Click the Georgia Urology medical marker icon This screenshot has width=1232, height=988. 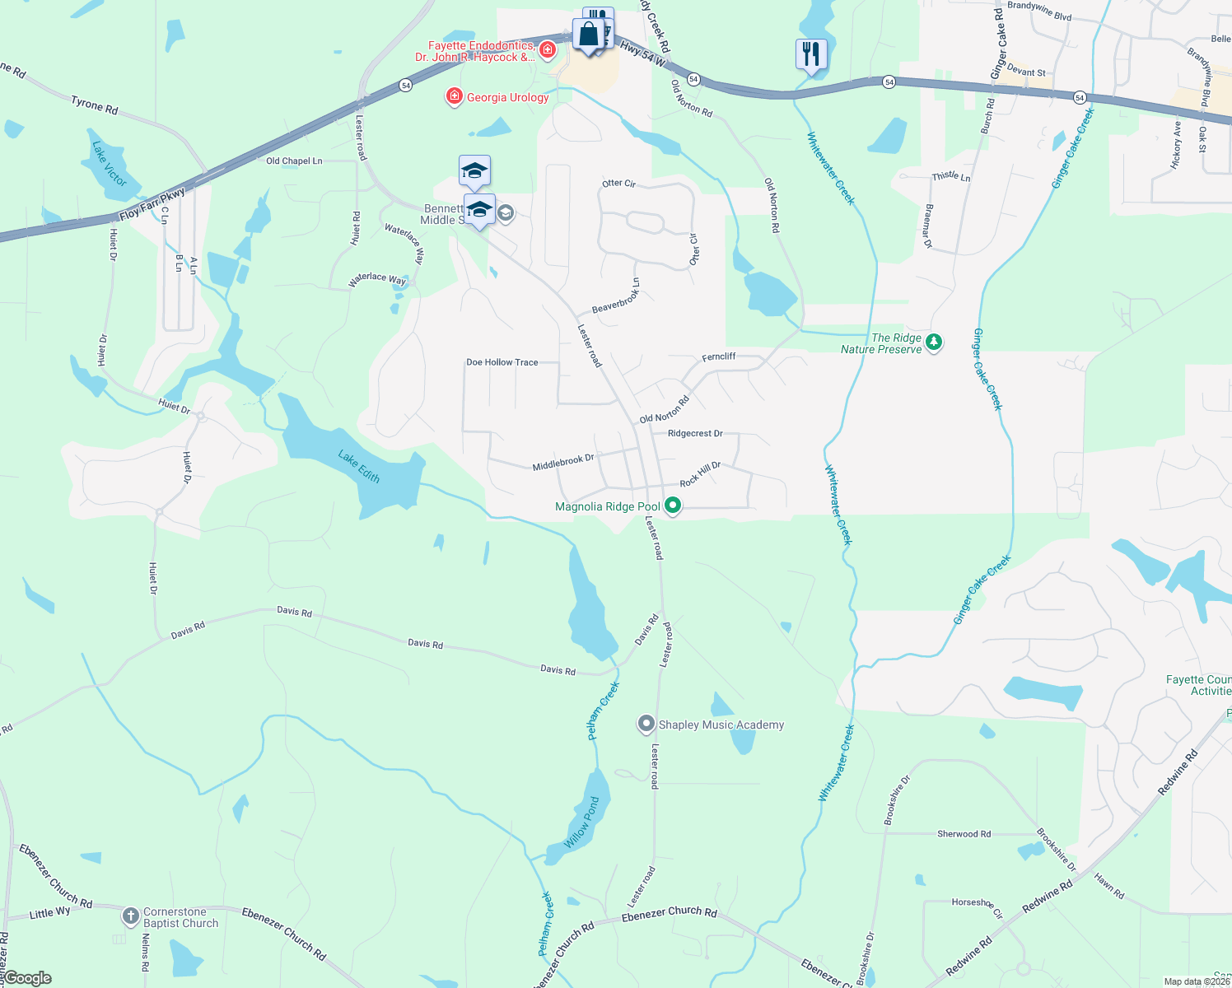pyautogui.click(x=454, y=97)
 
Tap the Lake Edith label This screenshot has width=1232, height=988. pyautogui.click(x=359, y=466)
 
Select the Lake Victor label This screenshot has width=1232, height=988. pyautogui.click(x=110, y=164)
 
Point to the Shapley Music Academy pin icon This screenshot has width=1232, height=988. pyautogui.click(x=646, y=725)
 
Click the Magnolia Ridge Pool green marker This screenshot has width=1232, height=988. pyautogui.click(x=673, y=506)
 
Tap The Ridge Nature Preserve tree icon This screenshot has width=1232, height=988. pyautogui.click(x=933, y=342)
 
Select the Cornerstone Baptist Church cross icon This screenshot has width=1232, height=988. pyautogui.click(x=130, y=916)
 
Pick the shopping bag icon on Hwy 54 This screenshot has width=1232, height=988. pyautogui.click(x=588, y=35)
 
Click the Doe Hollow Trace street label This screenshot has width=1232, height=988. pyautogui.click(x=502, y=362)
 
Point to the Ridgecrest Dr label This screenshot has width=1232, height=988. pyautogui.click(x=695, y=433)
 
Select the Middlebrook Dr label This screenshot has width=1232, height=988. pyautogui.click(x=562, y=463)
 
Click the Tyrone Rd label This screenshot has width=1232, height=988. pyautogui.click(x=94, y=105)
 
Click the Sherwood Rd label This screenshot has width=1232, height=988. pyautogui.click(x=964, y=834)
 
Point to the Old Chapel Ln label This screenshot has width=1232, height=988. pyautogui.click(x=294, y=161)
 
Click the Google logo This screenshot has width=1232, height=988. pyautogui.click(x=27, y=978)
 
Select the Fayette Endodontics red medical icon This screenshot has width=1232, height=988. pyautogui.click(x=548, y=50)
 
